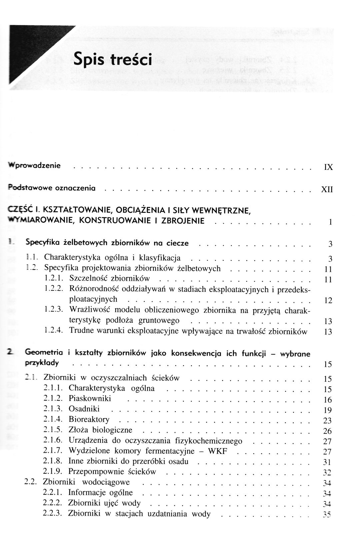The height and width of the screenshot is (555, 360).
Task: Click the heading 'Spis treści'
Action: (113, 59)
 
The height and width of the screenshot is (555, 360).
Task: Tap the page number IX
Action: (328, 167)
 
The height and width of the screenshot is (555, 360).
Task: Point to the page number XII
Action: (327, 190)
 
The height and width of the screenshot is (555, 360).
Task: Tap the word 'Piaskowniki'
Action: (90, 398)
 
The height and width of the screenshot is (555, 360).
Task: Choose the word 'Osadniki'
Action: (84, 409)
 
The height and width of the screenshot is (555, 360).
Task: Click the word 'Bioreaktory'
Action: (89, 419)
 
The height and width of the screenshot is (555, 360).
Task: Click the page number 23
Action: (328, 421)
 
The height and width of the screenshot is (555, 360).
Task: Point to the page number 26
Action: (328, 431)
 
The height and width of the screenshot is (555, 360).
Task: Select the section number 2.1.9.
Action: (53, 472)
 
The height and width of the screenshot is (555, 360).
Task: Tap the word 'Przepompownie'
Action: (94, 472)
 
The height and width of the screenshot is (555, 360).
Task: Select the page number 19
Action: (328, 410)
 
